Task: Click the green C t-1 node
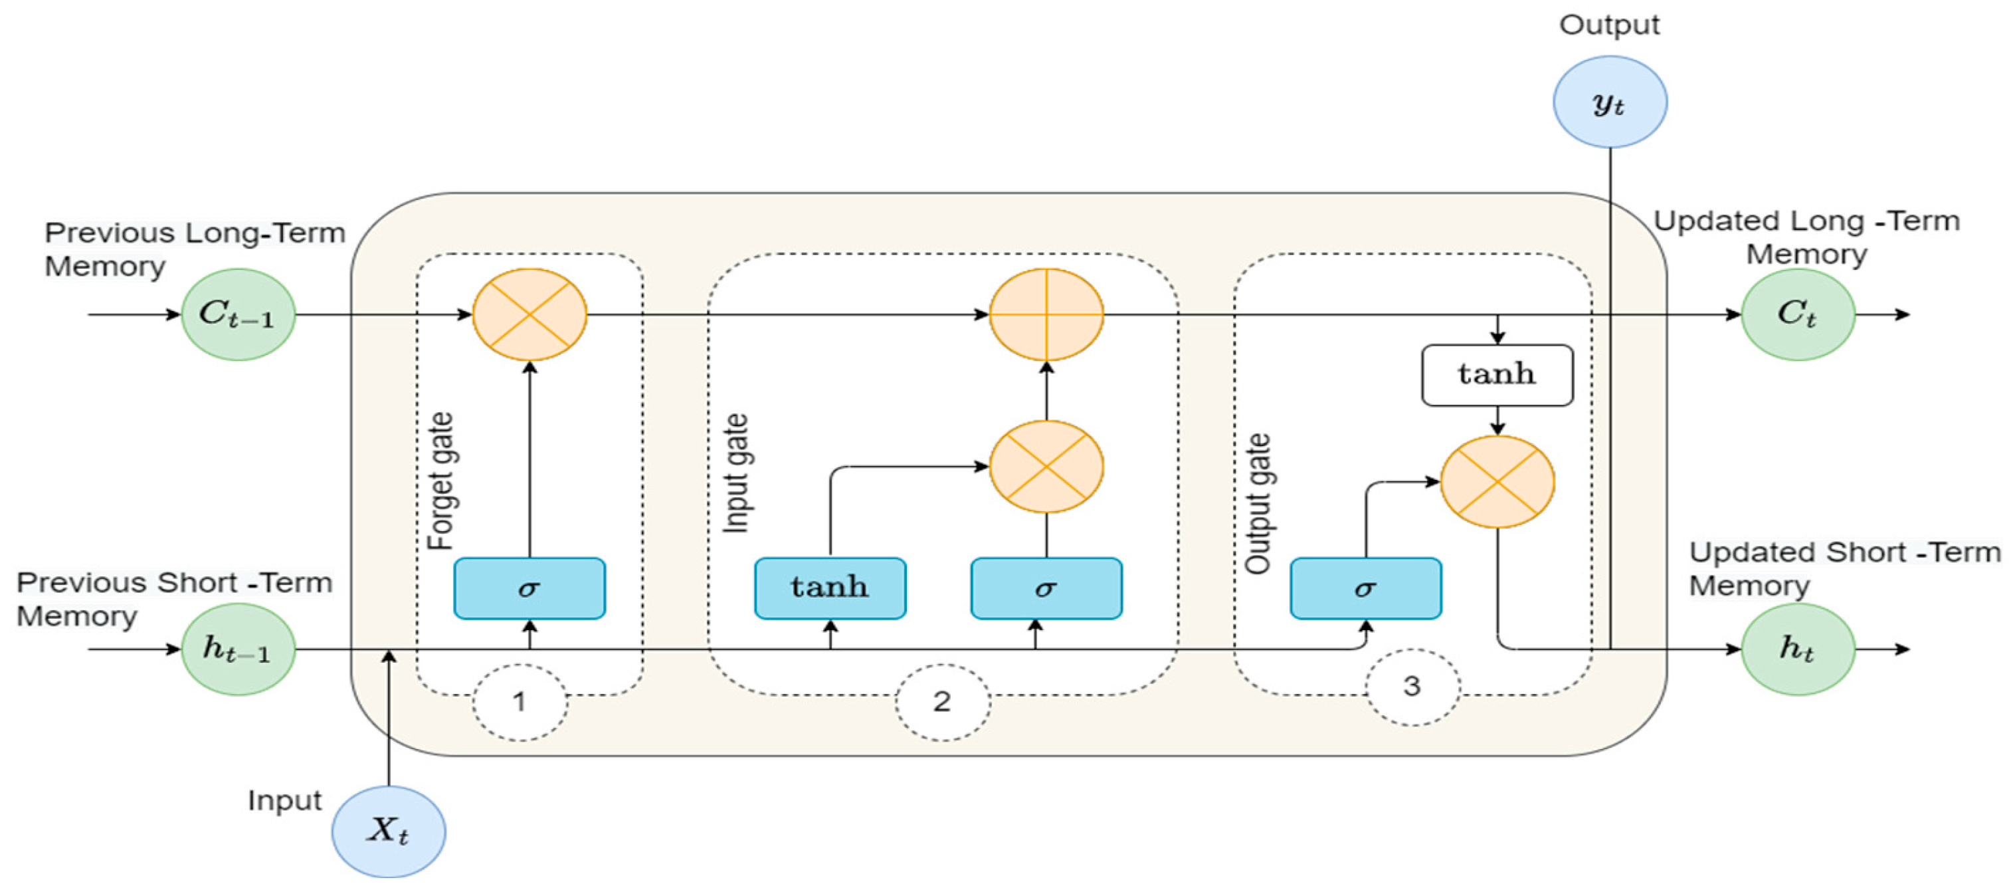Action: (238, 314)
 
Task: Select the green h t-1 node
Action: (238, 649)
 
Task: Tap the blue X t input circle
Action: (389, 831)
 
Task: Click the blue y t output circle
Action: (1609, 102)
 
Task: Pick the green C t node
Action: (1797, 314)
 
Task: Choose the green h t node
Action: (1797, 649)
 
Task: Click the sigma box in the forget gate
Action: (529, 588)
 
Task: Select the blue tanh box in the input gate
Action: (830, 588)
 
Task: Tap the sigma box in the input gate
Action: (1046, 588)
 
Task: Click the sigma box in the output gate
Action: (1365, 588)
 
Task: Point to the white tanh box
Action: (1496, 375)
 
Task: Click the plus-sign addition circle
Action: (1046, 314)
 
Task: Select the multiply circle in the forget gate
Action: (529, 314)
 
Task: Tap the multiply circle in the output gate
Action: (1496, 482)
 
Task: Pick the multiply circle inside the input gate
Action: (1046, 467)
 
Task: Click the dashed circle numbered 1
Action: (520, 702)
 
